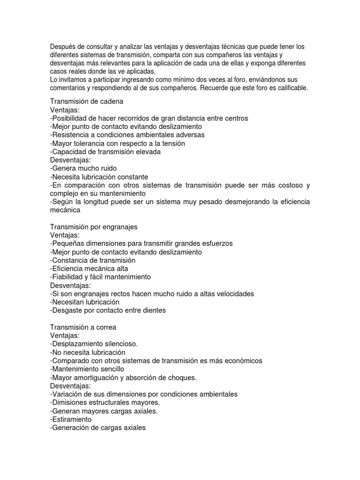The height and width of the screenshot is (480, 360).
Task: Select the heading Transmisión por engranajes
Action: point(93,227)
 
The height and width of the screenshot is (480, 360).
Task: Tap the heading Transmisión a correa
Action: point(83,327)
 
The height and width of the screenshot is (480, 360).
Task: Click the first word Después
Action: point(62,46)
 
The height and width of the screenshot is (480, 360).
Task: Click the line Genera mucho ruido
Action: point(83,168)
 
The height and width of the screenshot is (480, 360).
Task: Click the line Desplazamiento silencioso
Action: point(94,344)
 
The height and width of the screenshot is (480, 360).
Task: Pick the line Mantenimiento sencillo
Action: point(87,369)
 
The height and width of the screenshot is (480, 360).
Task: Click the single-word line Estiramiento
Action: point(71,420)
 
